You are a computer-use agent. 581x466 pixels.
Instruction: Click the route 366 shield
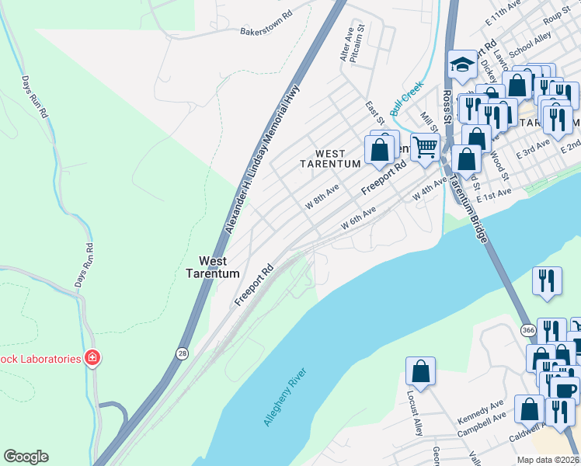(528, 330)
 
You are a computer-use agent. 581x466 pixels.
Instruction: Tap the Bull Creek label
(406, 99)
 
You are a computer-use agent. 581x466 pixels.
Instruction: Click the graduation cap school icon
(463, 66)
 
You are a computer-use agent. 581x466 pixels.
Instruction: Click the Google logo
(26, 457)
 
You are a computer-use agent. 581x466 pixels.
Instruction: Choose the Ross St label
(447, 109)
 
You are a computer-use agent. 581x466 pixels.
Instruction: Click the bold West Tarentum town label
(212, 267)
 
